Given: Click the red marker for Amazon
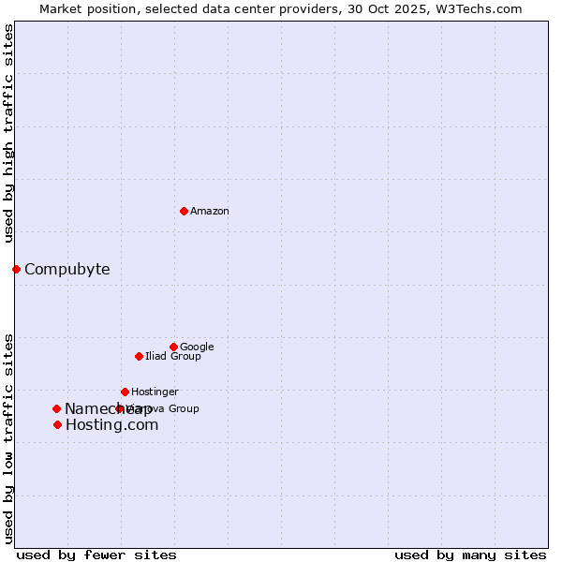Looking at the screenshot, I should [184, 211].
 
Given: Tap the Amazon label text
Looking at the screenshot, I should [210, 212].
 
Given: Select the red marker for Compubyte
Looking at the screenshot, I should [16, 270].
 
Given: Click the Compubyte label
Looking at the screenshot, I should [67, 270].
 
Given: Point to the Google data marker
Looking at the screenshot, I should [173, 347].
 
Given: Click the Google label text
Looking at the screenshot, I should [197, 348].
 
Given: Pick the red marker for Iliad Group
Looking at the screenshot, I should [139, 356].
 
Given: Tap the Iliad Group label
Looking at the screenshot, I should [172, 357].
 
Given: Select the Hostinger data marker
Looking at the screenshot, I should [125, 392].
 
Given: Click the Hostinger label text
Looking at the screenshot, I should [155, 392].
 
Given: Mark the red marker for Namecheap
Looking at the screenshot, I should [56, 408].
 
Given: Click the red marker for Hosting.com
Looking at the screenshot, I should [57, 424].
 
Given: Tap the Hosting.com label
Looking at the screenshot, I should [111, 425].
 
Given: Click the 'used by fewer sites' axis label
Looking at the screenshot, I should [96, 555].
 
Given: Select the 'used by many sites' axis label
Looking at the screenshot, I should [470, 555].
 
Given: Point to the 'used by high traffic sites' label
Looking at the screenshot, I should [9, 133].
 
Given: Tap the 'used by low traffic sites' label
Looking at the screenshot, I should [9, 437].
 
